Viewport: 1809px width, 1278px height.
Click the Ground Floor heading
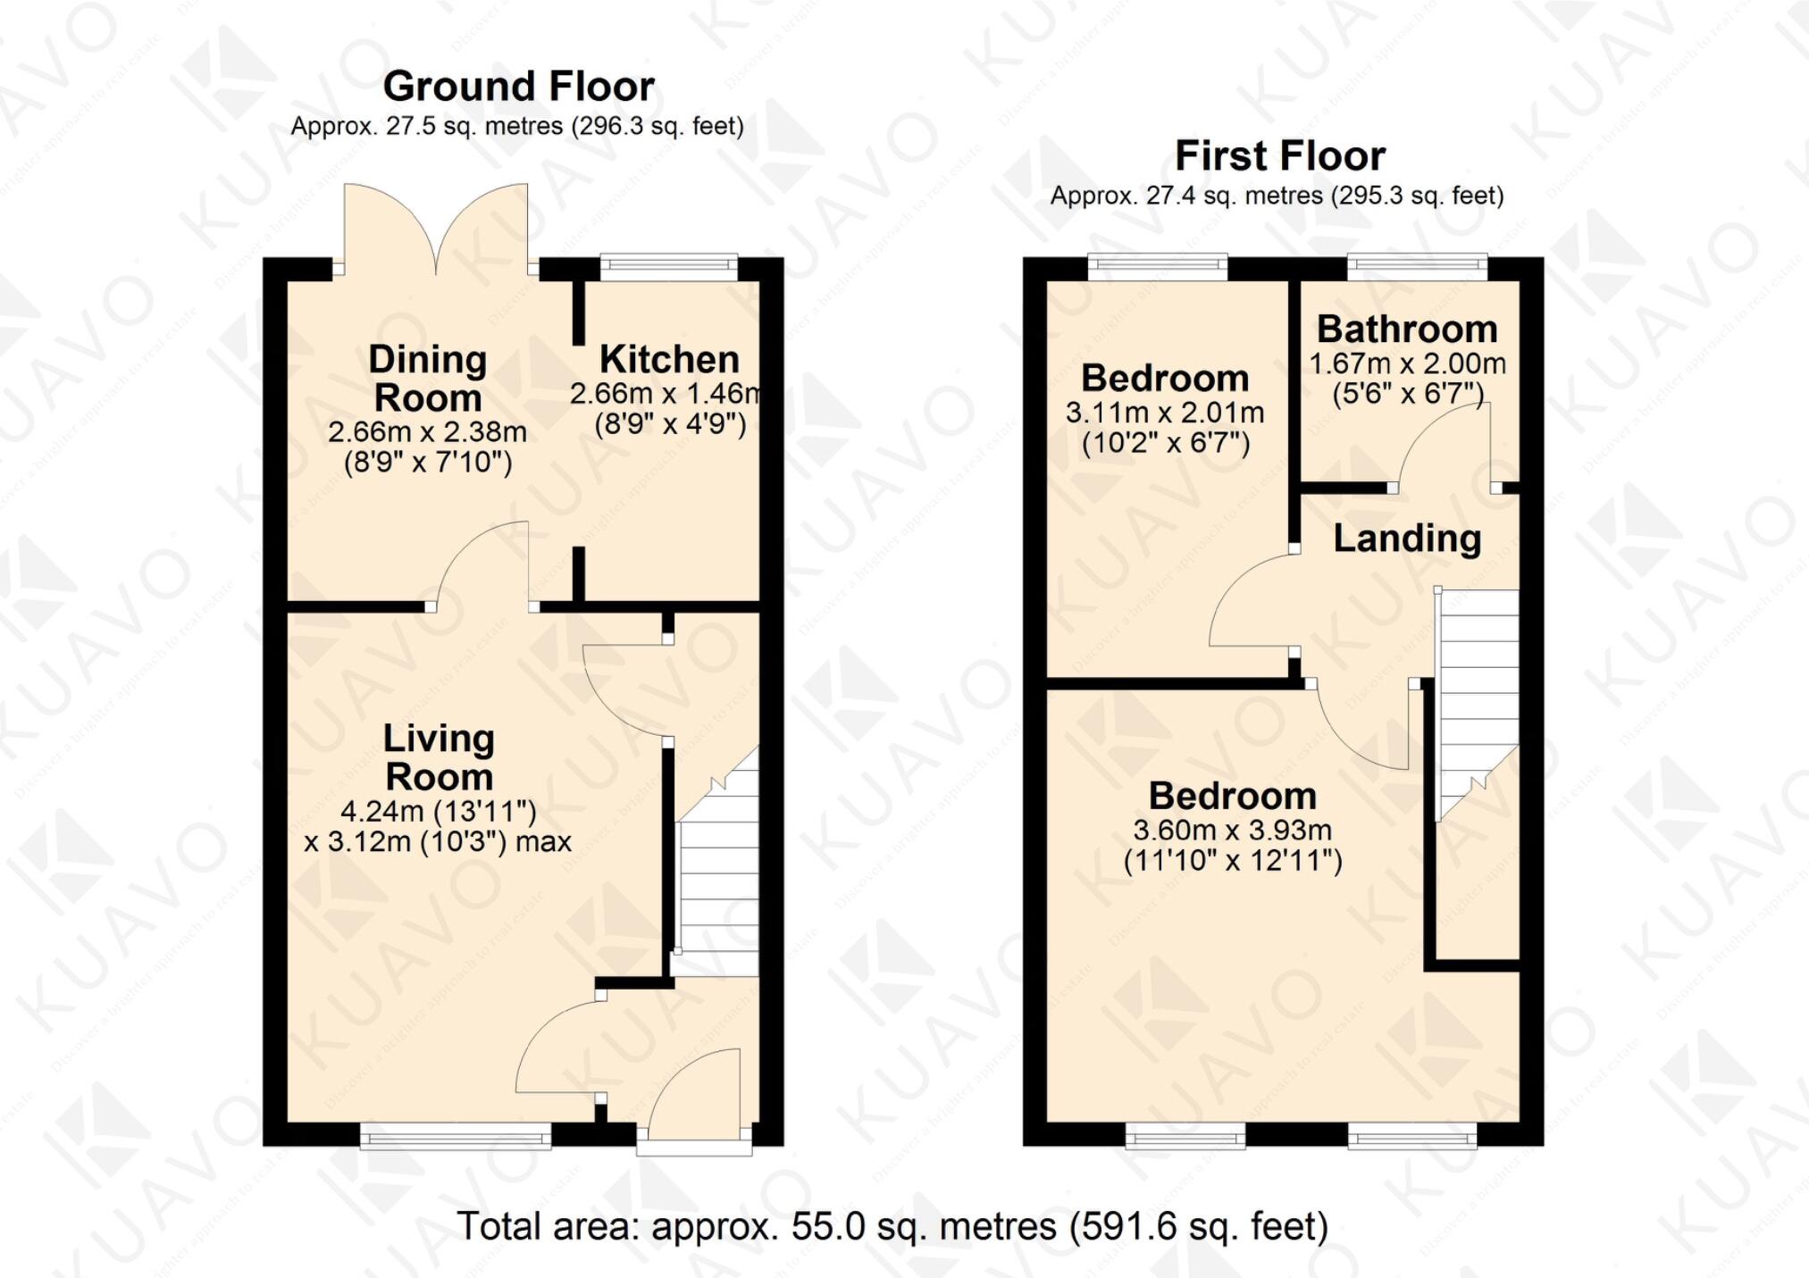pyautogui.click(x=518, y=87)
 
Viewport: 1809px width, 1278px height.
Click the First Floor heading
pyautogui.click(x=1279, y=156)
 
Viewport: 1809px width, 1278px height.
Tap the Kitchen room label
pyautogui.click(x=669, y=360)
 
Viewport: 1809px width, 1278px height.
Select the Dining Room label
pyautogui.click(x=427, y=379)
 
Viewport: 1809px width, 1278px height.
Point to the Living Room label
pyautogui.click(x=438, y=757)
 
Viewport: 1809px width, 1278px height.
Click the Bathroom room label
pyautogui.click(x=1407, y=330)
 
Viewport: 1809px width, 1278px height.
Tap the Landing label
pyautogui.click(x=1407, y=539)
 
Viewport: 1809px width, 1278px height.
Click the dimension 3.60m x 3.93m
pyautogui.click(x=1232, y=831)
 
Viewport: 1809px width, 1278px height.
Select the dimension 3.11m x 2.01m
pyautogui.click(x=1164, y=413)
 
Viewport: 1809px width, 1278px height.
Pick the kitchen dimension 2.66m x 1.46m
pyautogui.click(x=666, y=393)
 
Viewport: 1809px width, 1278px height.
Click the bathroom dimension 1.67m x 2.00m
pyautogui.click(x=1407, y=364)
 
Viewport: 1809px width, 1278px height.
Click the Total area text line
pyautogui.click(x=892, y=1226)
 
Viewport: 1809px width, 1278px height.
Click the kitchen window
pyautogui.click(x=668, y=264)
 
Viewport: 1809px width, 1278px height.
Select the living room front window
pyautogui.click(x=456, y=1137)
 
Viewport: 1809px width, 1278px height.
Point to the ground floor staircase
pyautogui.click(x=717, y=884)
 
